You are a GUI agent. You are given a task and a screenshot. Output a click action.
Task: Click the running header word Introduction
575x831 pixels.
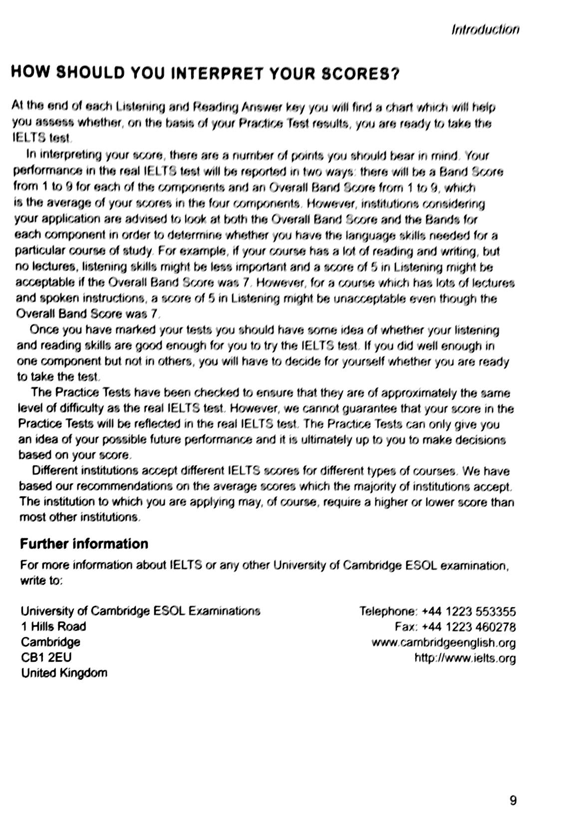(485, 29)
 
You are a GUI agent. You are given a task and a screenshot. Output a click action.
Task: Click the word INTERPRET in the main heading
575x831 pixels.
(217, 74)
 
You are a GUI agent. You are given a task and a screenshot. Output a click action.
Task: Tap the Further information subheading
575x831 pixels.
(84, 544)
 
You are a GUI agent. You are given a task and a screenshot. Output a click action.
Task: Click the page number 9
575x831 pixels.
(513, 801)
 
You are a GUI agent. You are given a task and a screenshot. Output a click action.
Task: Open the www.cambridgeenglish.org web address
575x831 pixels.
(443, 642)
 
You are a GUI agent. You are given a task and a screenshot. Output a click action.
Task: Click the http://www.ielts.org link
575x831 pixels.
(465, 658)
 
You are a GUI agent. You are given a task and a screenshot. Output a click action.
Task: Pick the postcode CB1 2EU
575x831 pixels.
(46, 657)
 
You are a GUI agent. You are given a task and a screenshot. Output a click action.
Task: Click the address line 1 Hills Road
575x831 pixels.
(53, 626)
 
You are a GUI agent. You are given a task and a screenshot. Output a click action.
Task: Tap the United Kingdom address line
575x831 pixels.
(64, 673)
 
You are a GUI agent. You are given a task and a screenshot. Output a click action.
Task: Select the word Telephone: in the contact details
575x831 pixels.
(388, 611)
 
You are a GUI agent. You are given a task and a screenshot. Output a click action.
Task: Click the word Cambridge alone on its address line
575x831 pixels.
(50, 642)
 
